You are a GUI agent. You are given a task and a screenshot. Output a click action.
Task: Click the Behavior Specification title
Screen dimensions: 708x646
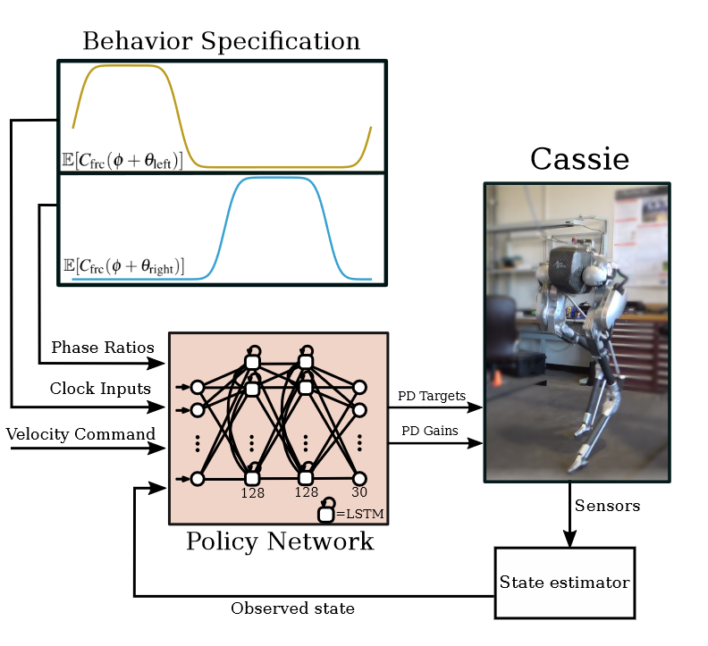click(222, 41)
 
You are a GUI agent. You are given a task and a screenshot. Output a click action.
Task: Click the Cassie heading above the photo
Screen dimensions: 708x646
click(580, 159)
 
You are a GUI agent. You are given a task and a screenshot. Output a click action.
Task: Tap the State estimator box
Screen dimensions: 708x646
click(565, 583)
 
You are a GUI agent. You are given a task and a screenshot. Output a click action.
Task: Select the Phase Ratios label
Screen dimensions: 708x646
click(103, 348)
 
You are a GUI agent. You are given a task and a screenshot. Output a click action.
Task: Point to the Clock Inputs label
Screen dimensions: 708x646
click(100, 389)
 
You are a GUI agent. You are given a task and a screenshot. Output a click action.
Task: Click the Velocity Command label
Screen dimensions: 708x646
click(80, 434)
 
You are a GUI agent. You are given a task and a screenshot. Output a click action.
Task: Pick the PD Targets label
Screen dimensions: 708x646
click(431, 396)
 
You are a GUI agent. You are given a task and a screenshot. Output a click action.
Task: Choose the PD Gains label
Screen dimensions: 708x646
click(429, 431)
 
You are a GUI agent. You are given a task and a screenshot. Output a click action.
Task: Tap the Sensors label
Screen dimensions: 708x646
click(607, 506)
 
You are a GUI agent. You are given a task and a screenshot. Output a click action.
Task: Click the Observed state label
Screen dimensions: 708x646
click(292, 608)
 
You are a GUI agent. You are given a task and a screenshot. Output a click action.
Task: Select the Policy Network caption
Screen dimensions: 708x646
click(280, 541)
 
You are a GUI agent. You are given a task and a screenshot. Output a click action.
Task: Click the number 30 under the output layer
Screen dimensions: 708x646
click(359, 492)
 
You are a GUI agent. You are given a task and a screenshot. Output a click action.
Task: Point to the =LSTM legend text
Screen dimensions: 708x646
click(360, 514)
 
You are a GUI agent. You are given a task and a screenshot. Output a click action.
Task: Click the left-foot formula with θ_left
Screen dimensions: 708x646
click(122, 160)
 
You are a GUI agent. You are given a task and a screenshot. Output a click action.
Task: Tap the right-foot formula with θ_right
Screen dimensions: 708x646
click(123, 266)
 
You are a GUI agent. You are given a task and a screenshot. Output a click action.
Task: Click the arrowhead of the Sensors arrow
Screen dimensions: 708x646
click(569, 539)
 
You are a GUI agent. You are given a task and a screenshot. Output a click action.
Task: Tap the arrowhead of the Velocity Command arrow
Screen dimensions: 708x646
click(156, 449)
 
